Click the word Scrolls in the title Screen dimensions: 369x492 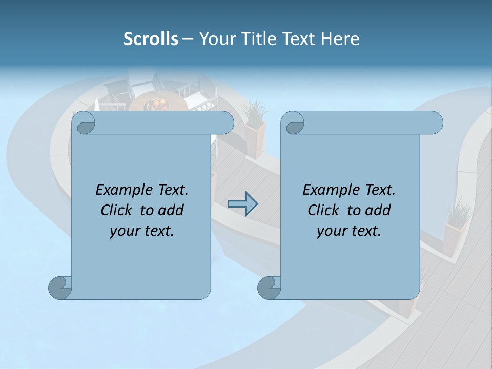(x=151, y=38)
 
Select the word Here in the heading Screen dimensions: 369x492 (x=340, y=38)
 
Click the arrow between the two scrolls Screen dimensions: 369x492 (x=242, y=204)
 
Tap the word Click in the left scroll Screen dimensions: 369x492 (x=118, y=210)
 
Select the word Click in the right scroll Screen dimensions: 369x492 (x=325, y=210)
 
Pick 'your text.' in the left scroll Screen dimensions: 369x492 (x=142, y=231)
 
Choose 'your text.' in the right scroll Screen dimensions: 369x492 (x=349, y=231)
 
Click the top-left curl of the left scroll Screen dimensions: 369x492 (x=85, y=122)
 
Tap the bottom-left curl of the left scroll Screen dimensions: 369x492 (x=60, y=287)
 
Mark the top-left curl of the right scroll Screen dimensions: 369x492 (x=294, y=122)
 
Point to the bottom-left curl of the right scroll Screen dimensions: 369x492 (x=269, y=287)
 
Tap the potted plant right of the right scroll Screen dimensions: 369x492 (x=455, y=225)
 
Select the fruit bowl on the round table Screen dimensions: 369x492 (x=157, y=105)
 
